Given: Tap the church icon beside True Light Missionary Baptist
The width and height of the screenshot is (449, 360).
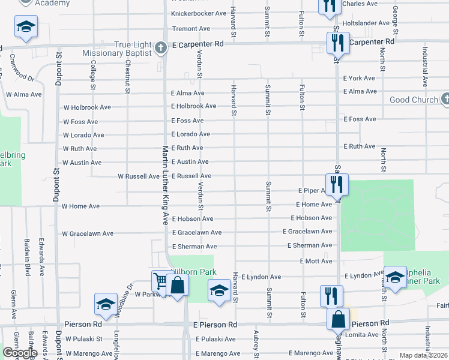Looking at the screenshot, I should click(160, 47).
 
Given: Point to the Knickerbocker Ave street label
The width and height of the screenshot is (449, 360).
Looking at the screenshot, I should click(199, 13).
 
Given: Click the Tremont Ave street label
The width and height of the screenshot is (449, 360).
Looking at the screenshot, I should click(191, 28).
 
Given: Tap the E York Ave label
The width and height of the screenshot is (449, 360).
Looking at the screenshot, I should click(359, 78).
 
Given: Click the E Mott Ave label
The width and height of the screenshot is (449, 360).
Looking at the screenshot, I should click(316, 262).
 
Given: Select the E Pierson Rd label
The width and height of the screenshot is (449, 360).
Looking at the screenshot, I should click(215, 325).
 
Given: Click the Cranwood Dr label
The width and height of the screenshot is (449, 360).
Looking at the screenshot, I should click(22, 69).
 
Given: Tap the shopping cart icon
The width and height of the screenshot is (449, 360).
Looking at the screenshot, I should click(160, 281).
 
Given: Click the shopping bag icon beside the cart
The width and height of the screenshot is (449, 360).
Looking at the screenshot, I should click(178, 286).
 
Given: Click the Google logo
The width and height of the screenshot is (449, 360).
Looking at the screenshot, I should click(20, 353).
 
